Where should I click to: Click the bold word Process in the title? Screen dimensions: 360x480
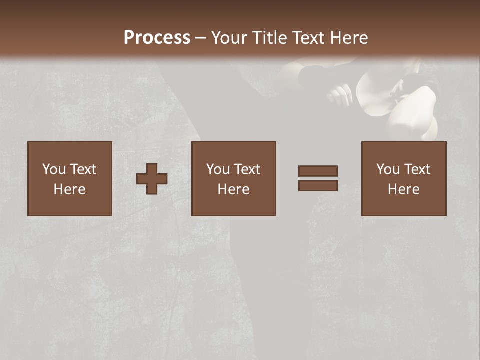(x=157, y=38)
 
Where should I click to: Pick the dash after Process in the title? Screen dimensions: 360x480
(x=201, y=38)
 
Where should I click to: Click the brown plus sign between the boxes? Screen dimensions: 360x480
(x=152, y=179)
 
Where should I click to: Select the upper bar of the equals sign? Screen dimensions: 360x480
(x=318, y=171)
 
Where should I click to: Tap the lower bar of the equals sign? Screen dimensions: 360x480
(x=318, y=186)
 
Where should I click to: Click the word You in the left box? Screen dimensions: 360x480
(x=54, y=169)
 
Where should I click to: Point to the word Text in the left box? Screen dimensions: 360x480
(x=83, y=169)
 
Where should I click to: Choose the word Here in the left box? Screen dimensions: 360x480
(x=69, y=189)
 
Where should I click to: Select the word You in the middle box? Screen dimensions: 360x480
(x=218, y=169)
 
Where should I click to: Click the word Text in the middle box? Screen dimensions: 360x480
(x=247, y=169)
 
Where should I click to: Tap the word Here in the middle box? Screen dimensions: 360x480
(x=233, y=189)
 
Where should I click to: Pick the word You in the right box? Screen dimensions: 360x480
(x=388, y=169)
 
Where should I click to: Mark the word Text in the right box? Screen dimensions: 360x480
(x=417, y=169)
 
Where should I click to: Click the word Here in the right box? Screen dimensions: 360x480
(x=403, y=189)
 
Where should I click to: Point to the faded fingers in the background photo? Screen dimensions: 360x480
(x=340, y=93)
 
